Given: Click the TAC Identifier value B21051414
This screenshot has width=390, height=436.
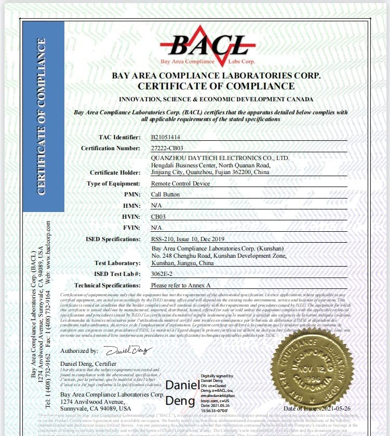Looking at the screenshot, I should pos(166,138).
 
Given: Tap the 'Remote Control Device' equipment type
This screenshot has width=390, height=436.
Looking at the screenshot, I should pos(180,184).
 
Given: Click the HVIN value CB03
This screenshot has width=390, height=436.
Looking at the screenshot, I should pos(158,217).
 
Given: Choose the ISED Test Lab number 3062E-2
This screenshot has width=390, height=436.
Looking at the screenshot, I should pos(162,274).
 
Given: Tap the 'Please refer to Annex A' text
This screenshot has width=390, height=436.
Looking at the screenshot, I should pos(180,285).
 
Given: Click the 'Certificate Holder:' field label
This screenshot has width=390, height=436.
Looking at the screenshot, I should pos(115,173).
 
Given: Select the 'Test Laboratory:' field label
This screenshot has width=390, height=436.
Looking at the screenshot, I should pos(117,263).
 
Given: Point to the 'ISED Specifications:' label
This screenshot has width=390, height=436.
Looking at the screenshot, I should pos(113,239).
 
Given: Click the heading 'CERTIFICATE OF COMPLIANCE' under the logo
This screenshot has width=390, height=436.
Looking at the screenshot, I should pos(216,86).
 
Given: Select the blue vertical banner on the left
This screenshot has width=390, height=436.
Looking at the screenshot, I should pos(44,116).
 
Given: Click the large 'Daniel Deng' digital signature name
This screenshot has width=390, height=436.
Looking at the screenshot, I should pos(182,393).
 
